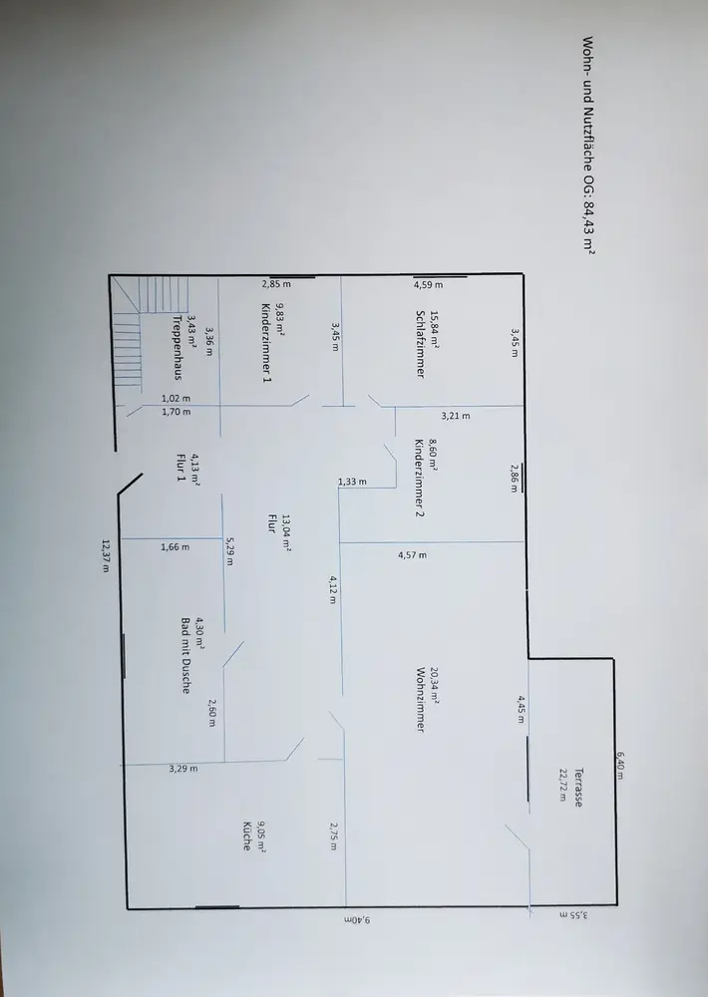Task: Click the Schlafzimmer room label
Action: point(420,344)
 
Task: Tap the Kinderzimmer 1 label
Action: point(266,342)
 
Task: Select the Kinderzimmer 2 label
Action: point(419,478)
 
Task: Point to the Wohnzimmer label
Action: point(420,700)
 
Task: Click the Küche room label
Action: point(247,836)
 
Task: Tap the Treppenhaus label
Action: point(177,347)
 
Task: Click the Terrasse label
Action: point(577,788)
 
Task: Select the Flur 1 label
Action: point(180,467)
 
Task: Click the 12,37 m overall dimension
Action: point(106,555)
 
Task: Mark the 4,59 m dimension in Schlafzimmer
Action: point(428,285)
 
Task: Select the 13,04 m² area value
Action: point(286,532)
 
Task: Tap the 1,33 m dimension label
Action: point(352,482)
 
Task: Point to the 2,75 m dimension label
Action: point(334,836)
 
